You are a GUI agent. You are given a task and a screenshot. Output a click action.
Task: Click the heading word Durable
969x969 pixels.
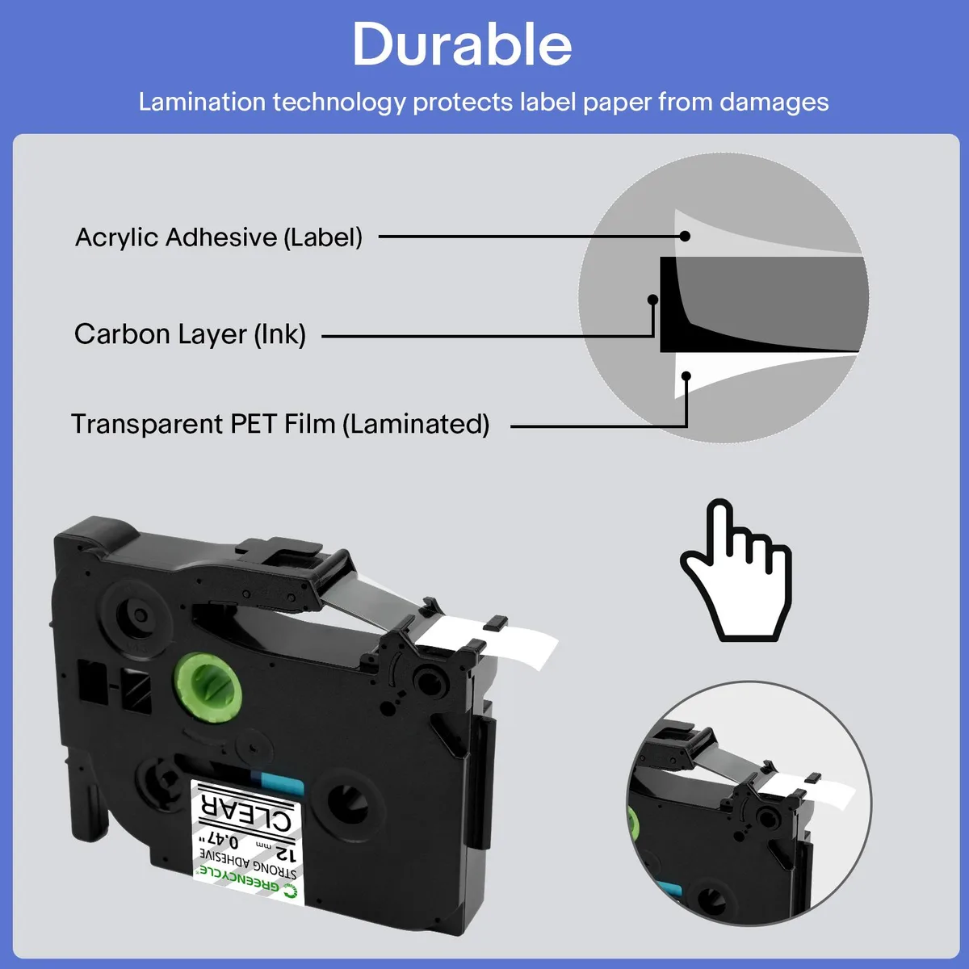pos(462,44)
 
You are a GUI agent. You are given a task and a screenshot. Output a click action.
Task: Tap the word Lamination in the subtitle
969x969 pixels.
pos(202,102)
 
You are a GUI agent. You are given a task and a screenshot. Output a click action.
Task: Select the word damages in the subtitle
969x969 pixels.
pos(774,103)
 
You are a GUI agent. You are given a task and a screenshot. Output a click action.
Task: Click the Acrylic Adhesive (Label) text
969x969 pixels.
pos(218,237)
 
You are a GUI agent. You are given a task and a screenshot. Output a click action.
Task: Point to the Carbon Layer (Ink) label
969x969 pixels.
pos(190,333)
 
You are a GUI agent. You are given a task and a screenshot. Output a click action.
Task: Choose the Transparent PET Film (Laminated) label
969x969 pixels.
pos(280,423)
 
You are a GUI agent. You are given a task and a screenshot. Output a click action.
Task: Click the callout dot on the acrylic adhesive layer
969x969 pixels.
pos(685,236)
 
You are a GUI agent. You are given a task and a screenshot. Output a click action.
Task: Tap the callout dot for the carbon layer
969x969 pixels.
pos(652,300)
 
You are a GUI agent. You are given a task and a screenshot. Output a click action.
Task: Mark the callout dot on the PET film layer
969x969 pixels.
pos(686,375)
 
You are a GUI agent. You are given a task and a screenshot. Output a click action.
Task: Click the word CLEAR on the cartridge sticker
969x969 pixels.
pos(246,814)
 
